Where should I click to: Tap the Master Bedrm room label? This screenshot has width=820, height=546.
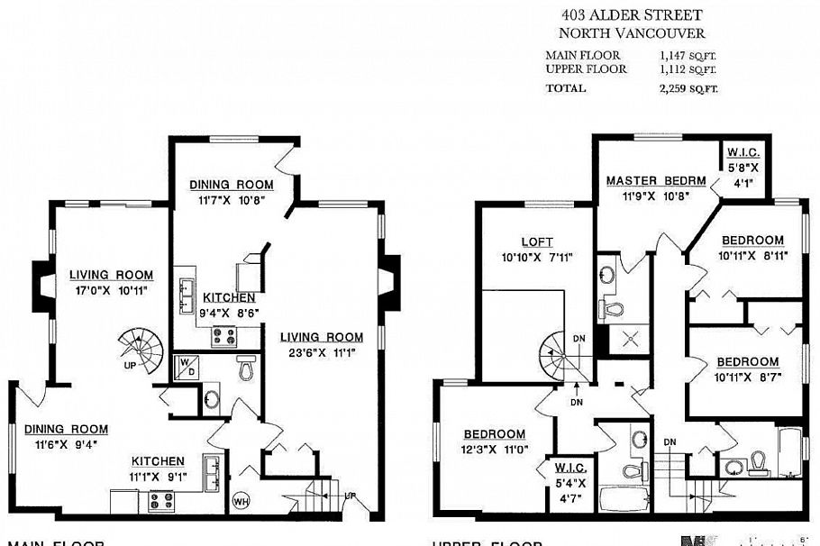point(655,180)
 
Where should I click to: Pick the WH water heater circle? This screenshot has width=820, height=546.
point(241,500)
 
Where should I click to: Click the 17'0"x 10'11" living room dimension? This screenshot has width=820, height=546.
point(113,290)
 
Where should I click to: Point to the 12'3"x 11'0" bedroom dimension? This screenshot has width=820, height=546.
point(496,449)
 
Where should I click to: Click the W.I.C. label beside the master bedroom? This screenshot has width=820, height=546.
point(745,166)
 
